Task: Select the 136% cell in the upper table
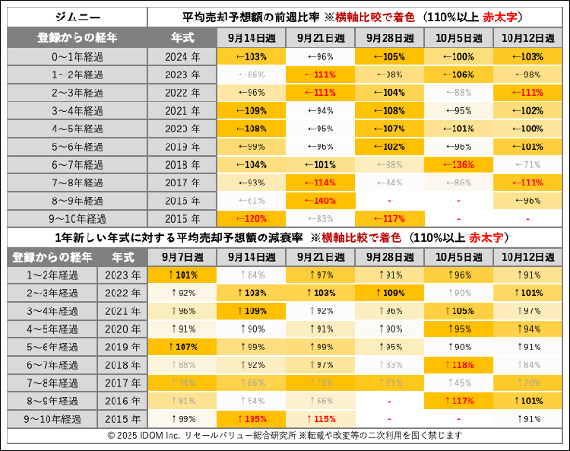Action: click(457, 164)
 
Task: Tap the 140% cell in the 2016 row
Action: click(319, 200)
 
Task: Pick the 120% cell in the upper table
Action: click(251, 218)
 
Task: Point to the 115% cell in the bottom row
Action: click(319, 418)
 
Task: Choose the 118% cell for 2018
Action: click(457, 364)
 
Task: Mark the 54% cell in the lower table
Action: click(251, 401)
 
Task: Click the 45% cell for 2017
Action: click(457, 382)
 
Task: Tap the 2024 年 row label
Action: click(181, 56)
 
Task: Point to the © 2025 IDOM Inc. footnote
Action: click(285, 435)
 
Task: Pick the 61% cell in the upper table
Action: click(251, 200)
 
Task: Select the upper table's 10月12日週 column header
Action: click(526, 37)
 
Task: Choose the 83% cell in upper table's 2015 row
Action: click(319, 218)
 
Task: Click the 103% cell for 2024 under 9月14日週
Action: click(251, 56)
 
